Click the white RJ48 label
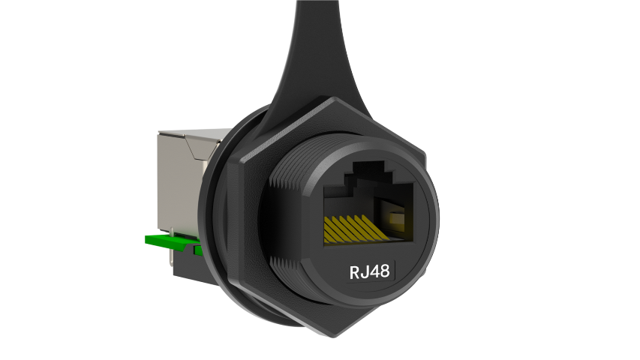[369, 271]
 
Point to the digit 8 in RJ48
[384, 271]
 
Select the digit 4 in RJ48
[374, 271]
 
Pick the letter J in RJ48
[365, 271]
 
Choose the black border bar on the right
[570, 180]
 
